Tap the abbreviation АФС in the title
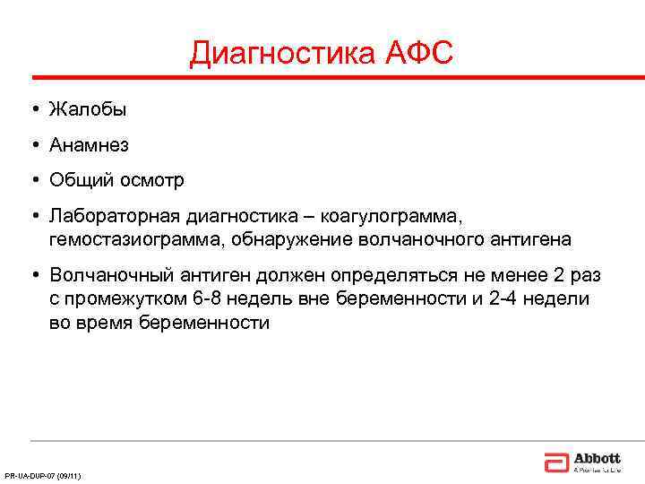point(419,55)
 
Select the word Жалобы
point(88,109)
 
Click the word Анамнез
point(90,144)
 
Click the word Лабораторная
point(114,216)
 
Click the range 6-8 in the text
point(210,298)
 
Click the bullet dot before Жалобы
point(32,109)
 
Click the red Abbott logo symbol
point(555,462)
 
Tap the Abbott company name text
point(597,457)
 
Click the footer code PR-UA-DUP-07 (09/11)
point(43,475)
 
